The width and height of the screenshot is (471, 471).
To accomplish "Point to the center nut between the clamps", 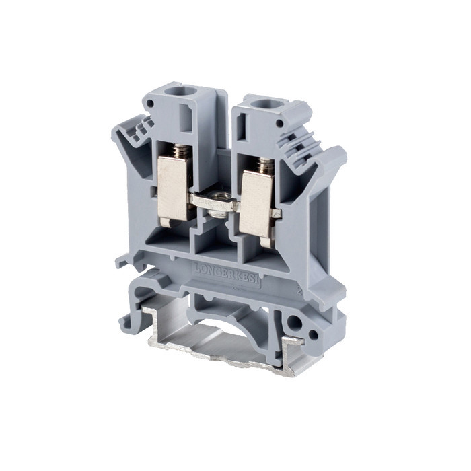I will click(215, 203).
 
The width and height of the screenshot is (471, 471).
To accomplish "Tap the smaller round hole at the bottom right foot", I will click(312, 334).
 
